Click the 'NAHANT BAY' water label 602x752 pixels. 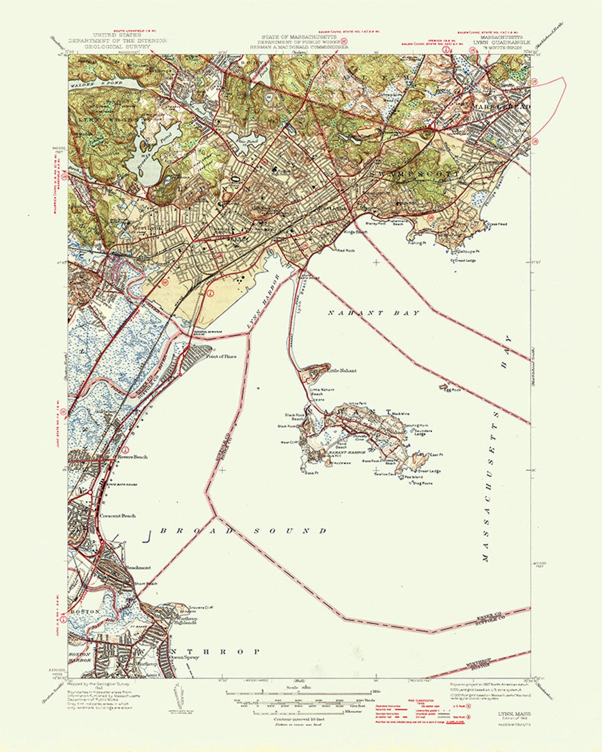click(x=373, y=313)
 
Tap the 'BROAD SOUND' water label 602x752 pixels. click(x=244, y=531)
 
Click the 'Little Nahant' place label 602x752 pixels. click(x=342, y=370)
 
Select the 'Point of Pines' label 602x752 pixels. click(x=221, y=356)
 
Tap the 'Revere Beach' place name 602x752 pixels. click(x=133, y=457)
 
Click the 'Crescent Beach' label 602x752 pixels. click(x=118, y=516)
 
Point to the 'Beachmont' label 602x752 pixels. click(x=138, y=568)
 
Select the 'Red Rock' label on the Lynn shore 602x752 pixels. click(x=346, y=251)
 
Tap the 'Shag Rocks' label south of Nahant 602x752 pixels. click(x=422, y=484)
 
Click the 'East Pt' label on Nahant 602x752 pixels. click(x=436, y=455)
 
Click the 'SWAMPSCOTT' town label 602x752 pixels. click(x=415, y=174)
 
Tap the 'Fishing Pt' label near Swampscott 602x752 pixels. click(x=416, y=243)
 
